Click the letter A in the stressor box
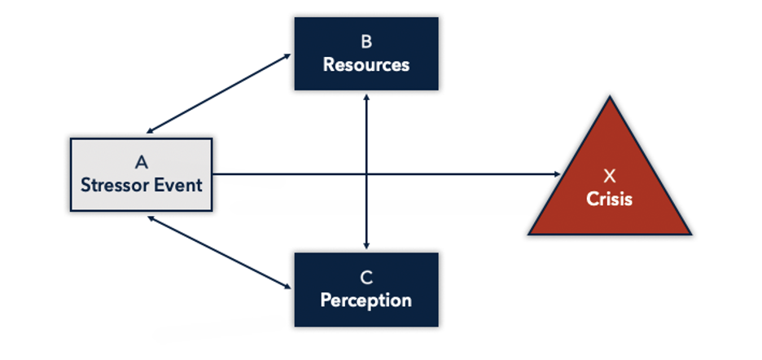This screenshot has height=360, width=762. tap(142, 162)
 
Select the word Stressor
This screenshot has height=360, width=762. tap(111, 186)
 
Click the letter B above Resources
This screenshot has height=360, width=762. tap(366, 42)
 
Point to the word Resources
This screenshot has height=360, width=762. tap(366, 64)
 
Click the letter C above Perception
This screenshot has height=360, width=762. tap(366, 278)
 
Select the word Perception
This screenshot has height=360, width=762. tap(366, 301)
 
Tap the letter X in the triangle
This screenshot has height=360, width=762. tap(610, 176)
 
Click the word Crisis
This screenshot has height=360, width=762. tap(610, 199)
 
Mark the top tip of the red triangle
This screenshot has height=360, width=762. tap(610, 96)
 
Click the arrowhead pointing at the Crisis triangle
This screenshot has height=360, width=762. tap(558, 173)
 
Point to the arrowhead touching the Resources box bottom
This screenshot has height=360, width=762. tap(366, 97)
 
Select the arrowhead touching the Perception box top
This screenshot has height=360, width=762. tap(366, 246)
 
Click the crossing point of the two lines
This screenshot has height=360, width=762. tap(366, 173)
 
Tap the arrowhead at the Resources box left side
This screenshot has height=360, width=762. tap(287, 56)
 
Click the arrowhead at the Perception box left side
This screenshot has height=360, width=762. tap(287, 287)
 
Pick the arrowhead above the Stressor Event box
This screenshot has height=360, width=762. tap(150, 131)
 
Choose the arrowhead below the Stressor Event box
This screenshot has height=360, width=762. tap(150, 218)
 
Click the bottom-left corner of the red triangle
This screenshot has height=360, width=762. tap(529, 234)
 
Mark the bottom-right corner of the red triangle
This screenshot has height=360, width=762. tap(690, 234)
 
